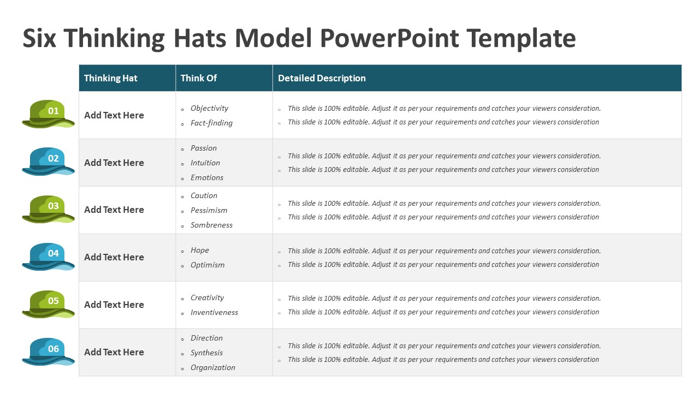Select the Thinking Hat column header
click(x=111, y=78)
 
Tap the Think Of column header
click(x=199, y=78)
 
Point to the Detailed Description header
click(x=322, y=78)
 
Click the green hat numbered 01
click(x=48, y=114)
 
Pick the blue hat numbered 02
click(x=48, y=161)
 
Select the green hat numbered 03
click(x=48, y=209)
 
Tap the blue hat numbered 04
click(x=48, y=256)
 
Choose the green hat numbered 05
click(x=48, y=303)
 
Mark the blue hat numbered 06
click(x=48, y=351)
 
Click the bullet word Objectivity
click(x=209, y=108)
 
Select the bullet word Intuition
click(x=205, y=163)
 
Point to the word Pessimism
click(x=209, y=210)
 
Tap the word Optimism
click(x=208, y=265)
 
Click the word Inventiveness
click(x=214, y=312)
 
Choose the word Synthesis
click(x=206, y=353)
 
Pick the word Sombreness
click(x=211, y=225)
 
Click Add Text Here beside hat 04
click(x=114, y=257)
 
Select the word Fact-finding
click(x=211, y=123)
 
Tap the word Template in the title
click(x=521, y=38)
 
